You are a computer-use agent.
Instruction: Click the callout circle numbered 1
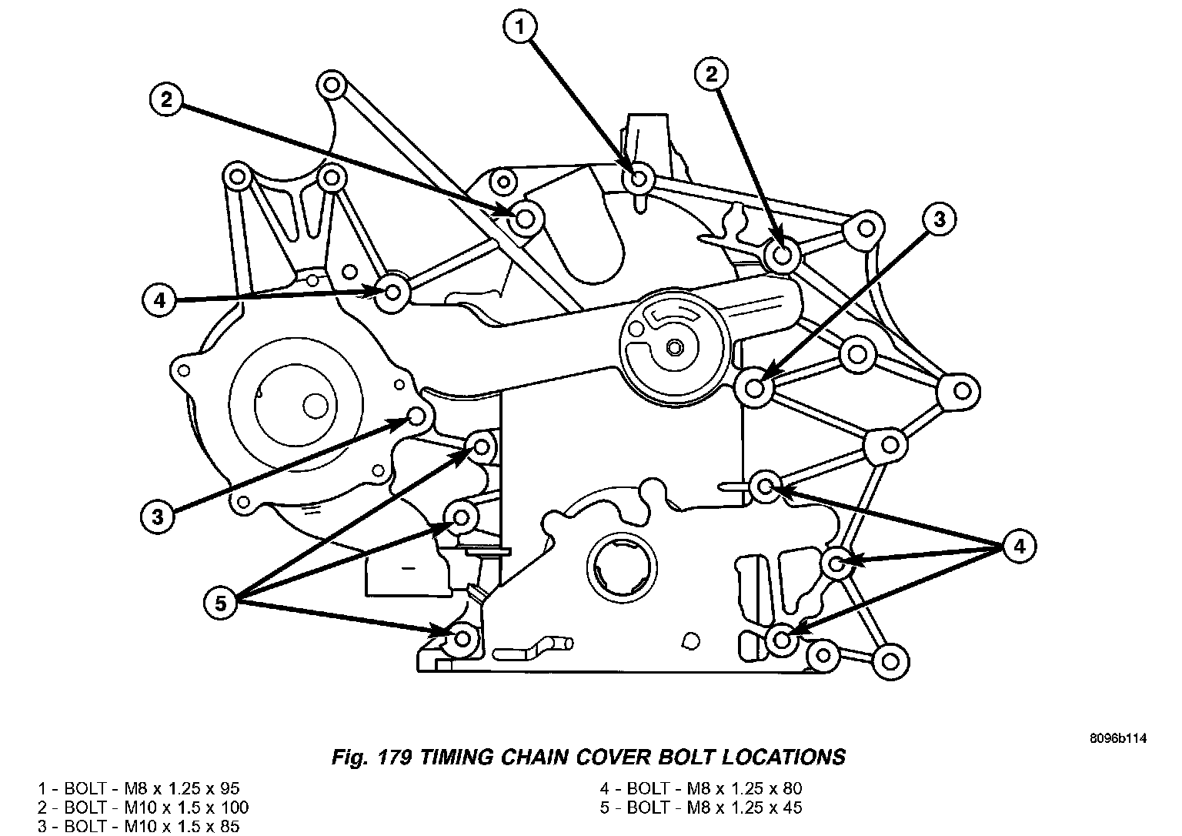click(520, 28)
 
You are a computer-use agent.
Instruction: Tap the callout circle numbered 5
click(221, 603)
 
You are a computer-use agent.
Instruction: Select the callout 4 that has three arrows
click(1018, 547)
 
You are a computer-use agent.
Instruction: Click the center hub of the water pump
click(674, 348)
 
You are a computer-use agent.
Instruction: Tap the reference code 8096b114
click(1118, 738)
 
